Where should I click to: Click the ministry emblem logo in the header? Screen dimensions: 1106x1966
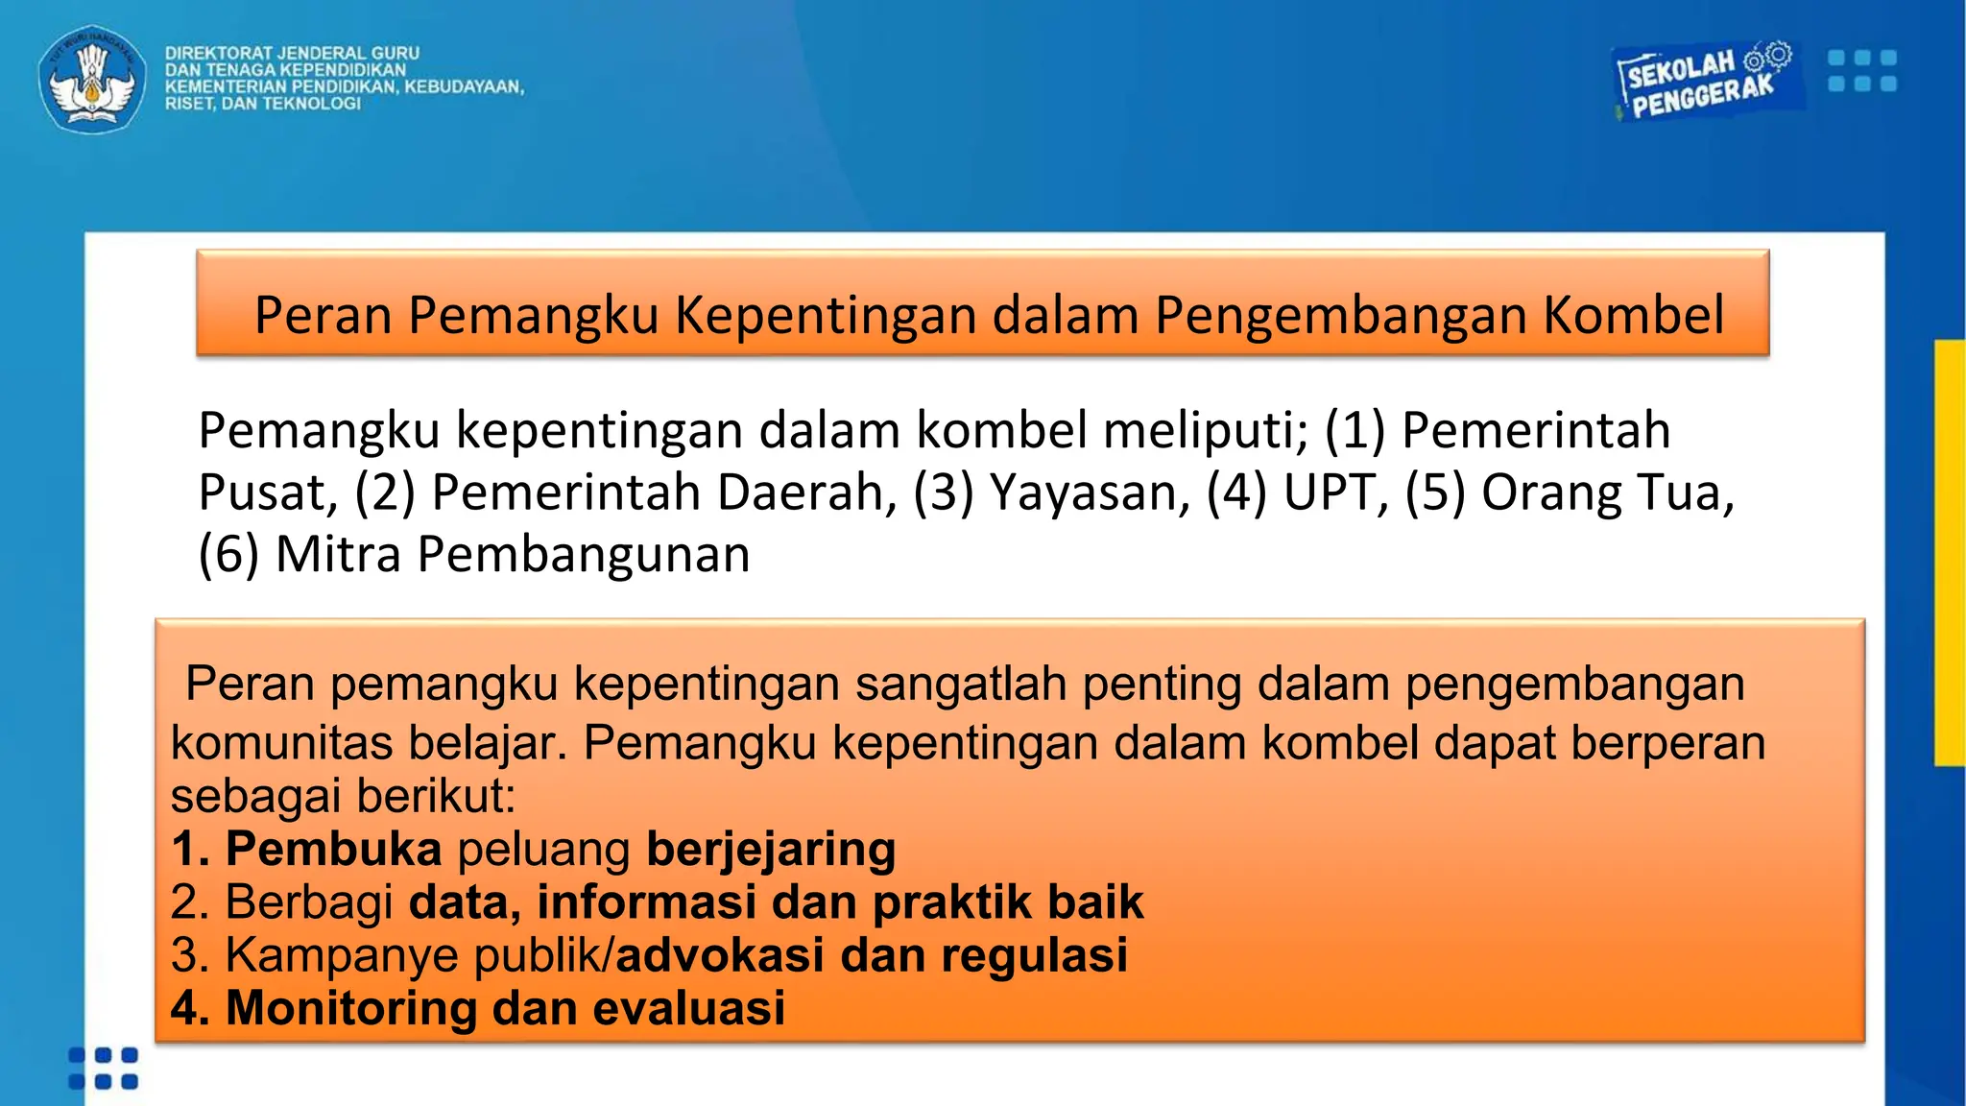point(92,79)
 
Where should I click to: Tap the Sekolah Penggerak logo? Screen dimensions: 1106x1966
point(1701,83)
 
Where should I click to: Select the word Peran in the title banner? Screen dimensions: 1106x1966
point(323,315)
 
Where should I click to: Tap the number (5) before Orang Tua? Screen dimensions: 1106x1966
point(1435,493)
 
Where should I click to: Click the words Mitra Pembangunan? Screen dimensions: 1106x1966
point(513,555)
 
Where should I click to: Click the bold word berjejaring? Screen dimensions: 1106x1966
point(771,850)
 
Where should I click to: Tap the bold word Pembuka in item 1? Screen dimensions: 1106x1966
point(333,850)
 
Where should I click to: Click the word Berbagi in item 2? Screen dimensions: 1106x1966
point(309,902)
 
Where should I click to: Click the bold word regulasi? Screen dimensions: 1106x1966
point(1033,955)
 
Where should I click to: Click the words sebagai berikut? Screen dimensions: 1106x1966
point(343,796)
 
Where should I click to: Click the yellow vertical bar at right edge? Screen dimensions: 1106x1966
point(1950,553)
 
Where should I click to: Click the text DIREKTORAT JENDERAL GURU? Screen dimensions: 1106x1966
point(292,54)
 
